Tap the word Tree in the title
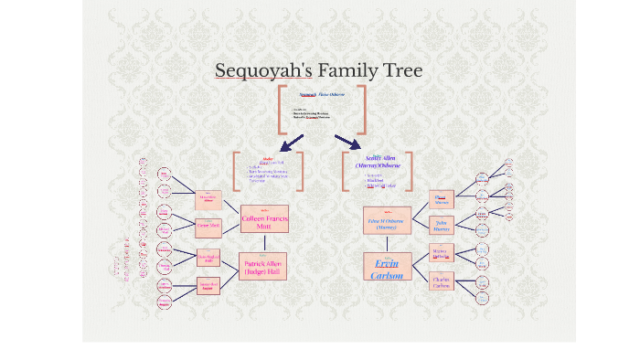pos(401,70)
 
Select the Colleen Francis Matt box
pos(265,220)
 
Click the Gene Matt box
pos(208,225)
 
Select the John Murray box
pos(442,225)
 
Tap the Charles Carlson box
pos(442,281)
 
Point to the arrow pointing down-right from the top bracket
pos(348,142)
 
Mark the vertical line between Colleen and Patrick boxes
pos(265,242)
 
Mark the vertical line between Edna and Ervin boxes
pos(388,242)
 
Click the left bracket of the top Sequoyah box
pos(281,109)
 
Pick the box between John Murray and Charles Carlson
pos(442,253)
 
